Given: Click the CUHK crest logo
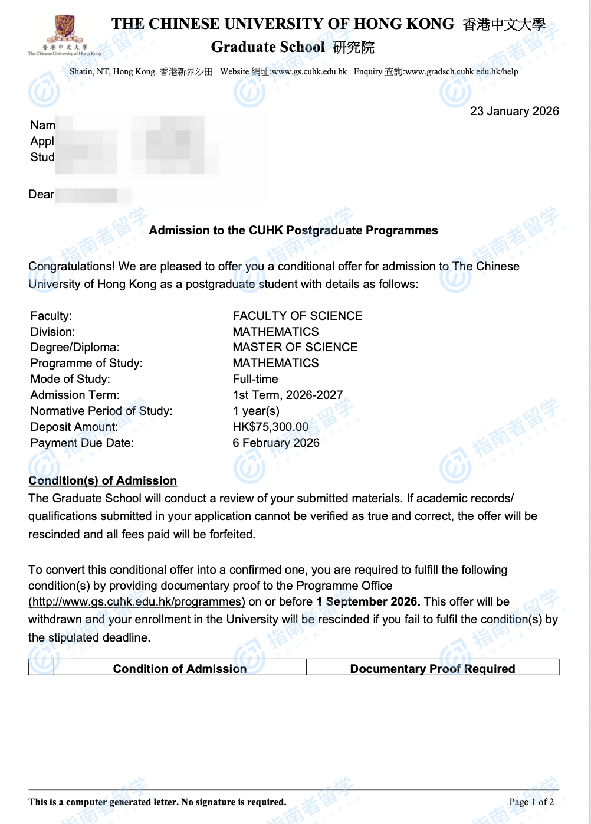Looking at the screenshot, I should click(65, 28).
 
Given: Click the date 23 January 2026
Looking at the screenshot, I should click(514, 111).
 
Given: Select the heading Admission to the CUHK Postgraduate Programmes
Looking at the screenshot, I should click(293, 230).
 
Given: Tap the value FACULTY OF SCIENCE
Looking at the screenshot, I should click(297, 316).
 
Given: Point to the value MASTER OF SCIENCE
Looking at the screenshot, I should click(295, 347).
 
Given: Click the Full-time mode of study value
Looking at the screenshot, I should click(255, 379).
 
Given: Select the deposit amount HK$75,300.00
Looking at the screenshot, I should click(270, 427).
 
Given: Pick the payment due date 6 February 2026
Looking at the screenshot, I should click(275, 443).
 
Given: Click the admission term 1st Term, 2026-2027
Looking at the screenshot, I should click(287, 395).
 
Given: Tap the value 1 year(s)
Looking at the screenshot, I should click(256, 411).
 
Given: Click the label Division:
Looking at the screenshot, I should click(52, 332).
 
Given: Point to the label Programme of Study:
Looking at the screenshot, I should click(86, 363).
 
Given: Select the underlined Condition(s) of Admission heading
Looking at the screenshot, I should click(103, 480).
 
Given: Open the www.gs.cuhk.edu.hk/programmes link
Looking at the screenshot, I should click(137, 601).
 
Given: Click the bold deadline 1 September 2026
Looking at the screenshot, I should click(368, 601).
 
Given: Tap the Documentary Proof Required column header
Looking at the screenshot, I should click(432, 668).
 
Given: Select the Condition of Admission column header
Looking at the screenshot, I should click(180, 668).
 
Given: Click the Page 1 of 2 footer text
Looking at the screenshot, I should click(531, 802).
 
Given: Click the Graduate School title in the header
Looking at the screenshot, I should click(268, 47).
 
